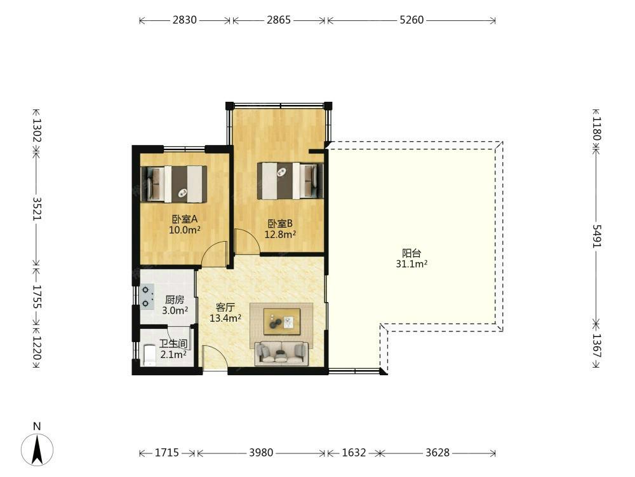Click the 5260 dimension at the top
click(411, 20)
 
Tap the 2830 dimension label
click(185, 20)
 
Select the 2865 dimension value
click(279, 20)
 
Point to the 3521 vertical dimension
click(37, 209)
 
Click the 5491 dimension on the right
click(597, 236)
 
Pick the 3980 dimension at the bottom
click(261, 452)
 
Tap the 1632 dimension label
click(354, 452)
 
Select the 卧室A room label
click(185, 219)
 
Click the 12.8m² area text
click(280, 234)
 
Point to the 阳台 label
click(411, 254)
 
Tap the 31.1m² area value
click(411, 264)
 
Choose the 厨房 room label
click(175, 300)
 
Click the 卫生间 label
click(173, 344)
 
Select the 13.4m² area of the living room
click(225, 318)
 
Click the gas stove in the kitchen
click(147, 296)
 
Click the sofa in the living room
click(281, 354)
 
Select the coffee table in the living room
click(282, 322)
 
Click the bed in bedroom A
click(174, 184)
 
